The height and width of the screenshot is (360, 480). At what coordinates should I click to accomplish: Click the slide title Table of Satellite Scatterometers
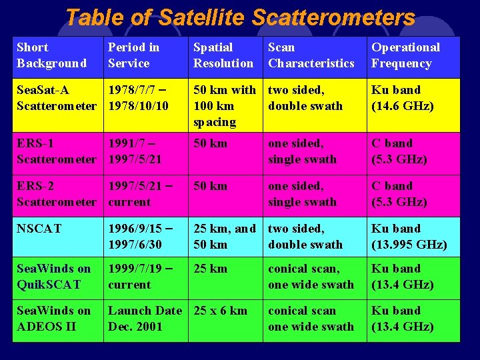click(x=240, y=17)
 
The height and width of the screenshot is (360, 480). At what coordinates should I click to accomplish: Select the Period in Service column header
click(x=133, y=55)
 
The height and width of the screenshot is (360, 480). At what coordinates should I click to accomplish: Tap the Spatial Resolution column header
click(x=223, y=55)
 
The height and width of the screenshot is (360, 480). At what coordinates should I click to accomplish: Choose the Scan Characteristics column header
click(x=311, y=55)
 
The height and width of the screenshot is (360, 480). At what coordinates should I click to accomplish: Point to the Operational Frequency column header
click(x=405, y=55)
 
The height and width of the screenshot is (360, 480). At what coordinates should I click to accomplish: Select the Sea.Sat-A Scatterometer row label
click(x=56, y=98)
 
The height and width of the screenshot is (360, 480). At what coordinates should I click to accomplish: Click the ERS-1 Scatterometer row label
click(x=56, y=151)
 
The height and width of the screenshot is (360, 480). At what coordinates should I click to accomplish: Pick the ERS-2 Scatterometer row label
click(x=56, y=194)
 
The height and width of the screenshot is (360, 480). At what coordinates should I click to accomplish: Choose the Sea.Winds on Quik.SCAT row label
click(x=53, y=277)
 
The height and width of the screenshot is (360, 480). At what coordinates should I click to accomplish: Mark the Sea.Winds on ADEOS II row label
click(x=53, y=319)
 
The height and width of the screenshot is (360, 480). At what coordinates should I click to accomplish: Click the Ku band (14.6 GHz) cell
click(x=403, y=98)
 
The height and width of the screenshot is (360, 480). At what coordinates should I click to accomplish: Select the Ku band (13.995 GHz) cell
click(x=409, y=237)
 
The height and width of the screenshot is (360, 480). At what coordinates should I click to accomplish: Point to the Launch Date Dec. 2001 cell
click(x=145, y=319)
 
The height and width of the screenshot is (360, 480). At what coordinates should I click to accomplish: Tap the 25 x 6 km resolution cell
click(x=220, y=311)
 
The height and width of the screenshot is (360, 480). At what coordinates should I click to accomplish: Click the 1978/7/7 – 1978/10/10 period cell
click(x=138, y=98)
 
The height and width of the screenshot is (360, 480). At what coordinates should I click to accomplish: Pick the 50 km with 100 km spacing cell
click(x=224, y=106)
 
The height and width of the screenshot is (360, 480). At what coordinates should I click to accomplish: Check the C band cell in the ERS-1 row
click(x=399, y=151)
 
